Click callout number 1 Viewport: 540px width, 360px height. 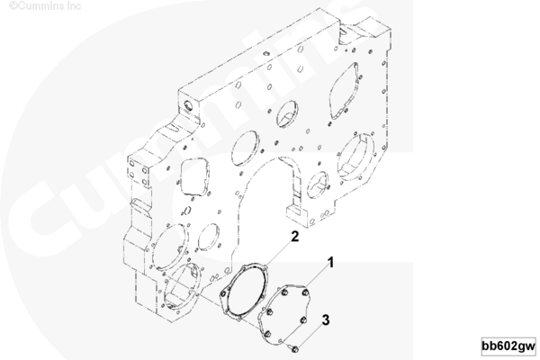click(x=330, y=263)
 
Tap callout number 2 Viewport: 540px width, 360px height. click(x=295, y=237)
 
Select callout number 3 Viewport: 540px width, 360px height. click(x=326, y=320)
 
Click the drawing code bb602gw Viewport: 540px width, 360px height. click(x=508, y=346)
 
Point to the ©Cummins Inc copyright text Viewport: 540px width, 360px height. click(x=45, y=6)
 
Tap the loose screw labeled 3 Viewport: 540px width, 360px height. click(x=294, y=348)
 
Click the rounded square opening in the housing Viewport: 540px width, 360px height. click(x=194, y=177)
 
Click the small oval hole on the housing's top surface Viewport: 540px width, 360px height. click(x=265, y=53)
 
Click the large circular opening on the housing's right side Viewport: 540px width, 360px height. click(x=356, y=157)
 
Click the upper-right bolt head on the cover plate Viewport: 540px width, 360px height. click(x=304, y=292)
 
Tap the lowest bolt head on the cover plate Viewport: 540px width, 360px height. click(x=267, y=334)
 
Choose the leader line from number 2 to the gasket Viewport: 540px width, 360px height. click(x=278, y=252)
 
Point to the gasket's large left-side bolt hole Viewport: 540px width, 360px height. click(x=223, y=293)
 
